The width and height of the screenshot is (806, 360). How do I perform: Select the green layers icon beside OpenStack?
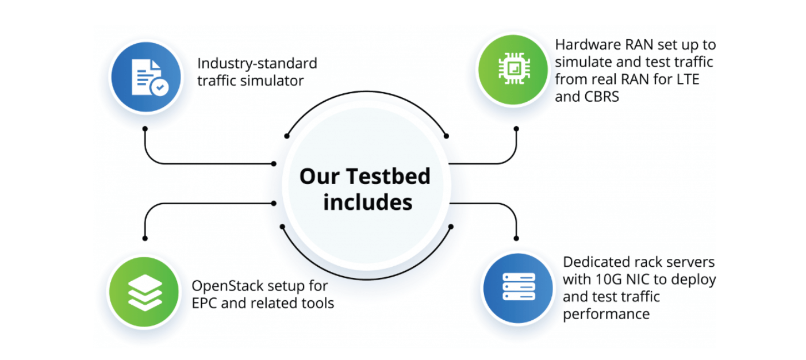(x=144, y=292)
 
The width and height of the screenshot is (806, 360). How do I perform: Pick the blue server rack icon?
(x=518, y=287)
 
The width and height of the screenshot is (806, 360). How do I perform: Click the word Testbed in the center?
(x=394, y=176)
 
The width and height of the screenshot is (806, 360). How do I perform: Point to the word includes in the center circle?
(x=367, y=202)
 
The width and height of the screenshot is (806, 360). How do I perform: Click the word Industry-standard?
(x=257, y=63)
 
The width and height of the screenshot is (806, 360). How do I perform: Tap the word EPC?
(x=205, y=303)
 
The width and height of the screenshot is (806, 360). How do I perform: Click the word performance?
(x=606, y=314)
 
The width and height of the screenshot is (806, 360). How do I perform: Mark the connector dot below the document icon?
(x=145, y=129)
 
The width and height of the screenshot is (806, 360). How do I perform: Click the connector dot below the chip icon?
(x=516, y=129)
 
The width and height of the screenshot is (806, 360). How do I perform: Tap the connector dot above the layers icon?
(x=145, y=238)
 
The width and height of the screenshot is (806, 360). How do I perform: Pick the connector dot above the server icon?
(x=516, y=238)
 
